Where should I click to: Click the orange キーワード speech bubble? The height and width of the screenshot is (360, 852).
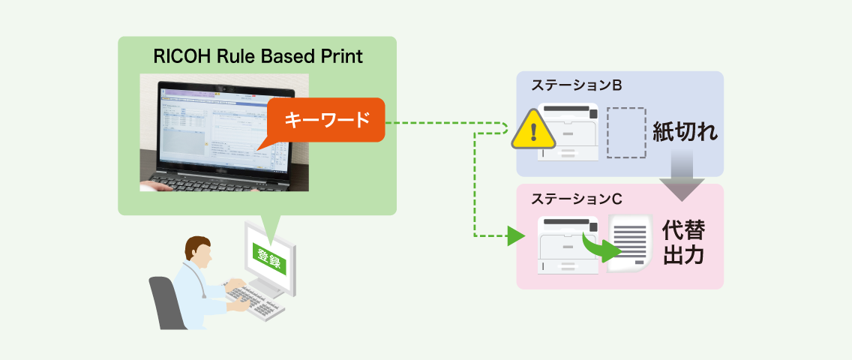pyautogui.click(x=325, y=119)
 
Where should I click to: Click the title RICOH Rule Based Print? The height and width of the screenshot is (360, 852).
pyautogui.click(x=257, y=57)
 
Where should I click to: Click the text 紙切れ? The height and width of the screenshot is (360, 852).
pyautogui.click(x=685, y=132)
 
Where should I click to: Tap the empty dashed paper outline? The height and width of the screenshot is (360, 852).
pyautogui.click(x=625, y=133)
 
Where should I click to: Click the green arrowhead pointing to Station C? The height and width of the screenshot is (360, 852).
pyautogui.click(x=514, y=236)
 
